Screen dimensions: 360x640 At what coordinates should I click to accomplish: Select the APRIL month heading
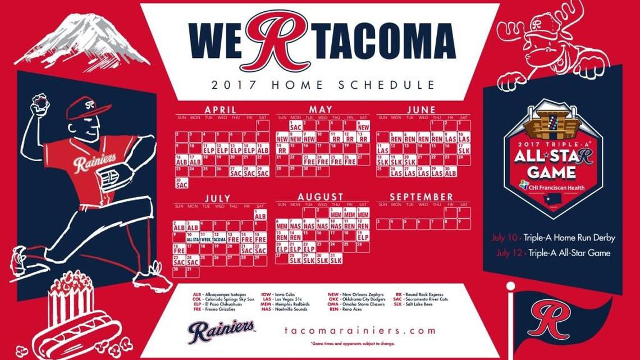[220, 110]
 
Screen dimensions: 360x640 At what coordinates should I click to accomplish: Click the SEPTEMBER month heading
[421, 197]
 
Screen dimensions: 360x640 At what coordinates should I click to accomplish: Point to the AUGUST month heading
[320, 197]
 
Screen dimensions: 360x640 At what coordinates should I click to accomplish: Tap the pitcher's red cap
[87, 106]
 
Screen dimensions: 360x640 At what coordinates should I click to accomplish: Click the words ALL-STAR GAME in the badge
[553, 163]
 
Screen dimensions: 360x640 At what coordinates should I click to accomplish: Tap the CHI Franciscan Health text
[556, 188]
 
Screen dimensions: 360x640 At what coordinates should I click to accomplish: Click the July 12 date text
[509, 253]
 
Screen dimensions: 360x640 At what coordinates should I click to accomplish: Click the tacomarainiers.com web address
[360, 331]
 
